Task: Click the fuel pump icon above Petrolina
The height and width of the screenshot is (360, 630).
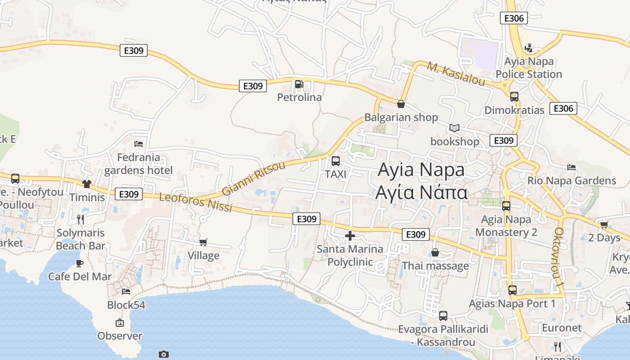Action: click(x=299, y=84)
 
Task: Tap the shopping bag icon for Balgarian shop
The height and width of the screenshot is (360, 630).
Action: click(x=401, y=104)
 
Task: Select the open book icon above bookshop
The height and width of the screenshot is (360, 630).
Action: click(x=454, y=128)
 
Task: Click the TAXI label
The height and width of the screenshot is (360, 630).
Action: click(x=336, y=174)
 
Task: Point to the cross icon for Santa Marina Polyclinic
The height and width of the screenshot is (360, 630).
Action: click(x=350, y=235)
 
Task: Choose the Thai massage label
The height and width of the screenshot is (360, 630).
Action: click(x=435, y=265)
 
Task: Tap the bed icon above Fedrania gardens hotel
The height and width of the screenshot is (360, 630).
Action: click(x=139, y=144)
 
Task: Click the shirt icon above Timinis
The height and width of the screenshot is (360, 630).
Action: click(x=87, y=184)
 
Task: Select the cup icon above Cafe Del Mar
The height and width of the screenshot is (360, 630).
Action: click(x=80, y=263)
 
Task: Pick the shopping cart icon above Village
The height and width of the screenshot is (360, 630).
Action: click(x=203, y=242)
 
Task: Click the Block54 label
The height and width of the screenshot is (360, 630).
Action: click(x=126, y=305)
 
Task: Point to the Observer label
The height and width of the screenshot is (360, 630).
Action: click(x=120, y=336)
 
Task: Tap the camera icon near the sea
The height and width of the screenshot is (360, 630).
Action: click(x=164, y=354)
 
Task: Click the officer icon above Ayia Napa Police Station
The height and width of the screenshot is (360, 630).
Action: click(x=529, y=48)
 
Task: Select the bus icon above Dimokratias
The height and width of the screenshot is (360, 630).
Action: click(x=514, y=96)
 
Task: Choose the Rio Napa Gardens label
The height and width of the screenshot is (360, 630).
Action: click(x=571, y=180)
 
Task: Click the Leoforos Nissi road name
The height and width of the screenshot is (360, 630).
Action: click(x=196, y=202)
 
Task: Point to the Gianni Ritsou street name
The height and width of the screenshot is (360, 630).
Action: click(x=254, y=179)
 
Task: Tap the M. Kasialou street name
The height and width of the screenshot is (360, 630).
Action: click(x=456, y=74)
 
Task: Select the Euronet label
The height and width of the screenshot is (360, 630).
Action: click(x=562, y=328)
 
